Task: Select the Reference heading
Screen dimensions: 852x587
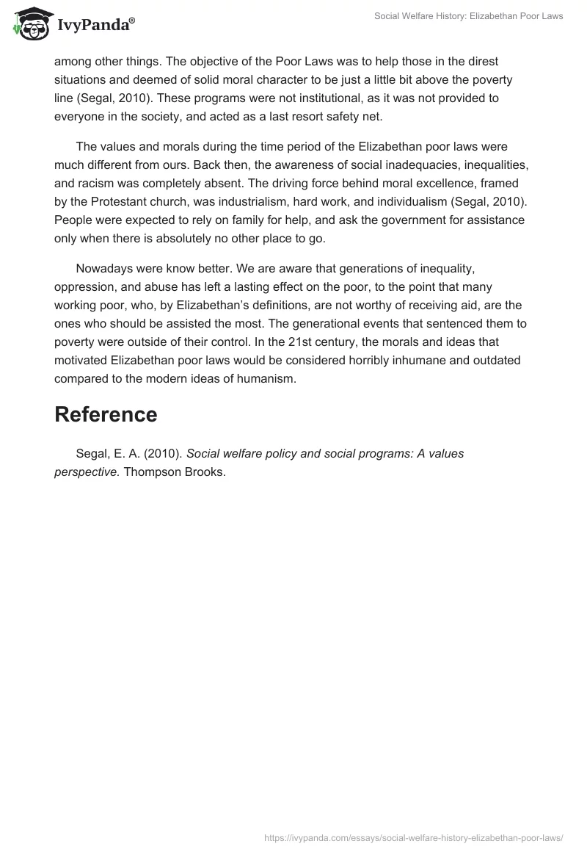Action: click(x=106, y=414)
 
